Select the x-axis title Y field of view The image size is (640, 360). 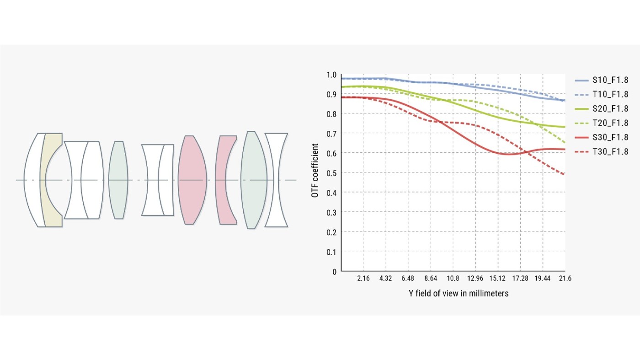pyautogui.click(x=459, y=293)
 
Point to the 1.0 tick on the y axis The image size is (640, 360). pyautogui.click(x=331, y=75)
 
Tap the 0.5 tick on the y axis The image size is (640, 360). pyautogui.click(x=331, y=173)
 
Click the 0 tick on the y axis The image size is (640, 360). pyautogui.click(x=334, y=271)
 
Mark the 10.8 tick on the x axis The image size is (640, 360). pyautogui.click(x=453, y=278)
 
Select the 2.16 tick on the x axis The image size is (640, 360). pyautogui.click(x=363, y=278)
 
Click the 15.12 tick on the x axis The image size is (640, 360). pyautogui.click(x=497, y=278)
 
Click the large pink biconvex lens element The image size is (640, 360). pyautogui.click(x=192, y=180)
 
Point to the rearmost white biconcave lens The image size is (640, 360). pyautogui.click(x=277, y=180)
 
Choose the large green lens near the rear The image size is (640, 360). pyautogui.click(x=254, y=180)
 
